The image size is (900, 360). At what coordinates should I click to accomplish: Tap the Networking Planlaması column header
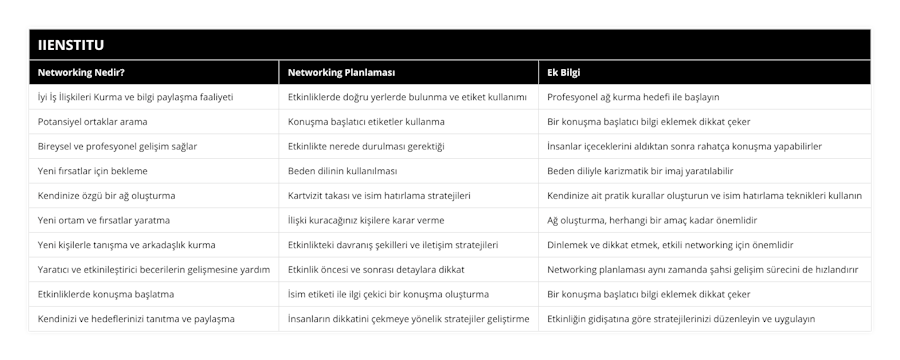coord(341,73)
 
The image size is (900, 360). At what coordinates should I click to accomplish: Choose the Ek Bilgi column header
coord(565,73)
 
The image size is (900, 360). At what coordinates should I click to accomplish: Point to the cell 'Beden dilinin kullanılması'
coord(342,170)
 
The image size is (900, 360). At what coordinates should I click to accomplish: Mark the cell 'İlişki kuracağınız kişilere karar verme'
coord(366,219)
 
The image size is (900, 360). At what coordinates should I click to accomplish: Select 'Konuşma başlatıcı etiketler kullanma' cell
coord(366,121)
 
